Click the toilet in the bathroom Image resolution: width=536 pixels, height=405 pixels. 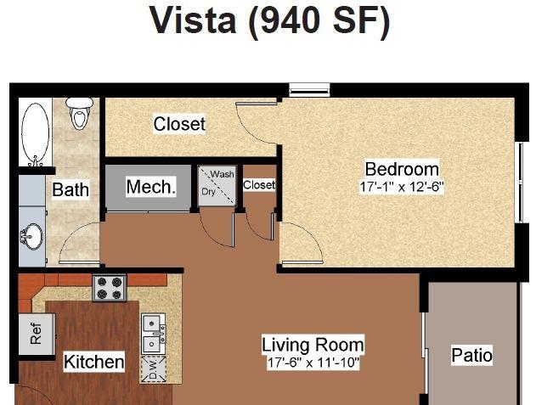click(x=79, y=114)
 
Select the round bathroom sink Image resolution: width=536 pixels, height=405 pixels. click(x=32, y=236)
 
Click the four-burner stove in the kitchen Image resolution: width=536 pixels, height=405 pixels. click(x=110, y=289)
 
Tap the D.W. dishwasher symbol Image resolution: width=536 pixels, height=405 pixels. click(x=154, y=369)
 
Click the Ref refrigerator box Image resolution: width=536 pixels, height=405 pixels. click(x=37, y=334)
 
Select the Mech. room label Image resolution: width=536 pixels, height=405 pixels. click(x=151, y=187)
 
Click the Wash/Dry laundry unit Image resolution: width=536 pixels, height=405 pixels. click(x=217, y=186)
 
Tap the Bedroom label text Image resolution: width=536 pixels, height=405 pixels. click(x=402, y=169)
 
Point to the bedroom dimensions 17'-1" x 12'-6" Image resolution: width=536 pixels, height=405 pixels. click(x=402, y=187)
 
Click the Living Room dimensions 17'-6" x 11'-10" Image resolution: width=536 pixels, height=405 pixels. click(x=313, y=363)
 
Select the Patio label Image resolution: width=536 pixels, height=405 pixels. click(x=471, y=355)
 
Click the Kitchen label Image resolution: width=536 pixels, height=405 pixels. click(x=94, y=362)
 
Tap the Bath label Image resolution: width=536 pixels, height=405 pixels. click(x=71, y=189)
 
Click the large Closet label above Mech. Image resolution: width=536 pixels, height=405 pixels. click(x=179, y=124)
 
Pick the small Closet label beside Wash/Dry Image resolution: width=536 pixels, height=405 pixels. click(x=259, y=185)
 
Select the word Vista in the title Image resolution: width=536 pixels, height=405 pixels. click(x=193, y=20)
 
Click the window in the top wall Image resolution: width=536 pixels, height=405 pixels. click(x=309, y=89)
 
